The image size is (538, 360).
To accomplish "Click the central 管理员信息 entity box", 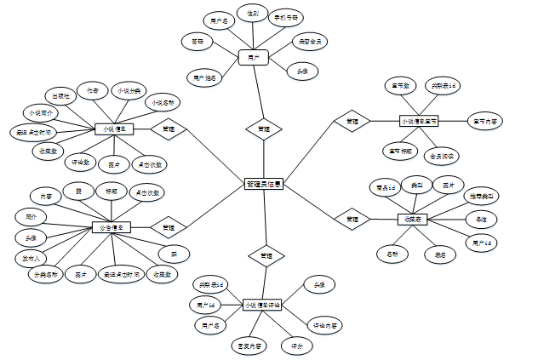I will pyautogui.click(x=263, y=183).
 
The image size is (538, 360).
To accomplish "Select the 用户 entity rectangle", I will pyautogui.click(x=253, y=57).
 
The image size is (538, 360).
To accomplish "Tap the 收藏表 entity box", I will pyautogui.click(x=411, y=220).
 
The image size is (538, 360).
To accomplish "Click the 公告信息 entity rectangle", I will pyautogui.click(x=111, y=227).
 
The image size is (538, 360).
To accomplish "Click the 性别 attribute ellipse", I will pyautogui.click(x=253, y=14).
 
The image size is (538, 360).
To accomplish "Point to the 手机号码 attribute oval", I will pyautogui.click(x=285, y=16).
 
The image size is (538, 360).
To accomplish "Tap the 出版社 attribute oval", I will pyautogui.click(x=61, y=95).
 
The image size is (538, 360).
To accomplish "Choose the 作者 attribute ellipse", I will pyautogui.click(x=93, y=89).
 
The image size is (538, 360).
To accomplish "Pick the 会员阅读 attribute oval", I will pyautogui.click(x=443, y=156).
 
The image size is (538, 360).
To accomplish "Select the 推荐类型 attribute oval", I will pyautogui.click(x=484, y=197).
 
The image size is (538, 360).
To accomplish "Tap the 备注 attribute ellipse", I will pyautogui.click(x=482, y=220).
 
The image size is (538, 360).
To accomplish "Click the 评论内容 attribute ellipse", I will pyautogui.click(x=324, y=325).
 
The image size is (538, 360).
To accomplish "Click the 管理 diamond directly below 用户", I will pyautogui.click(x=263, y=129).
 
